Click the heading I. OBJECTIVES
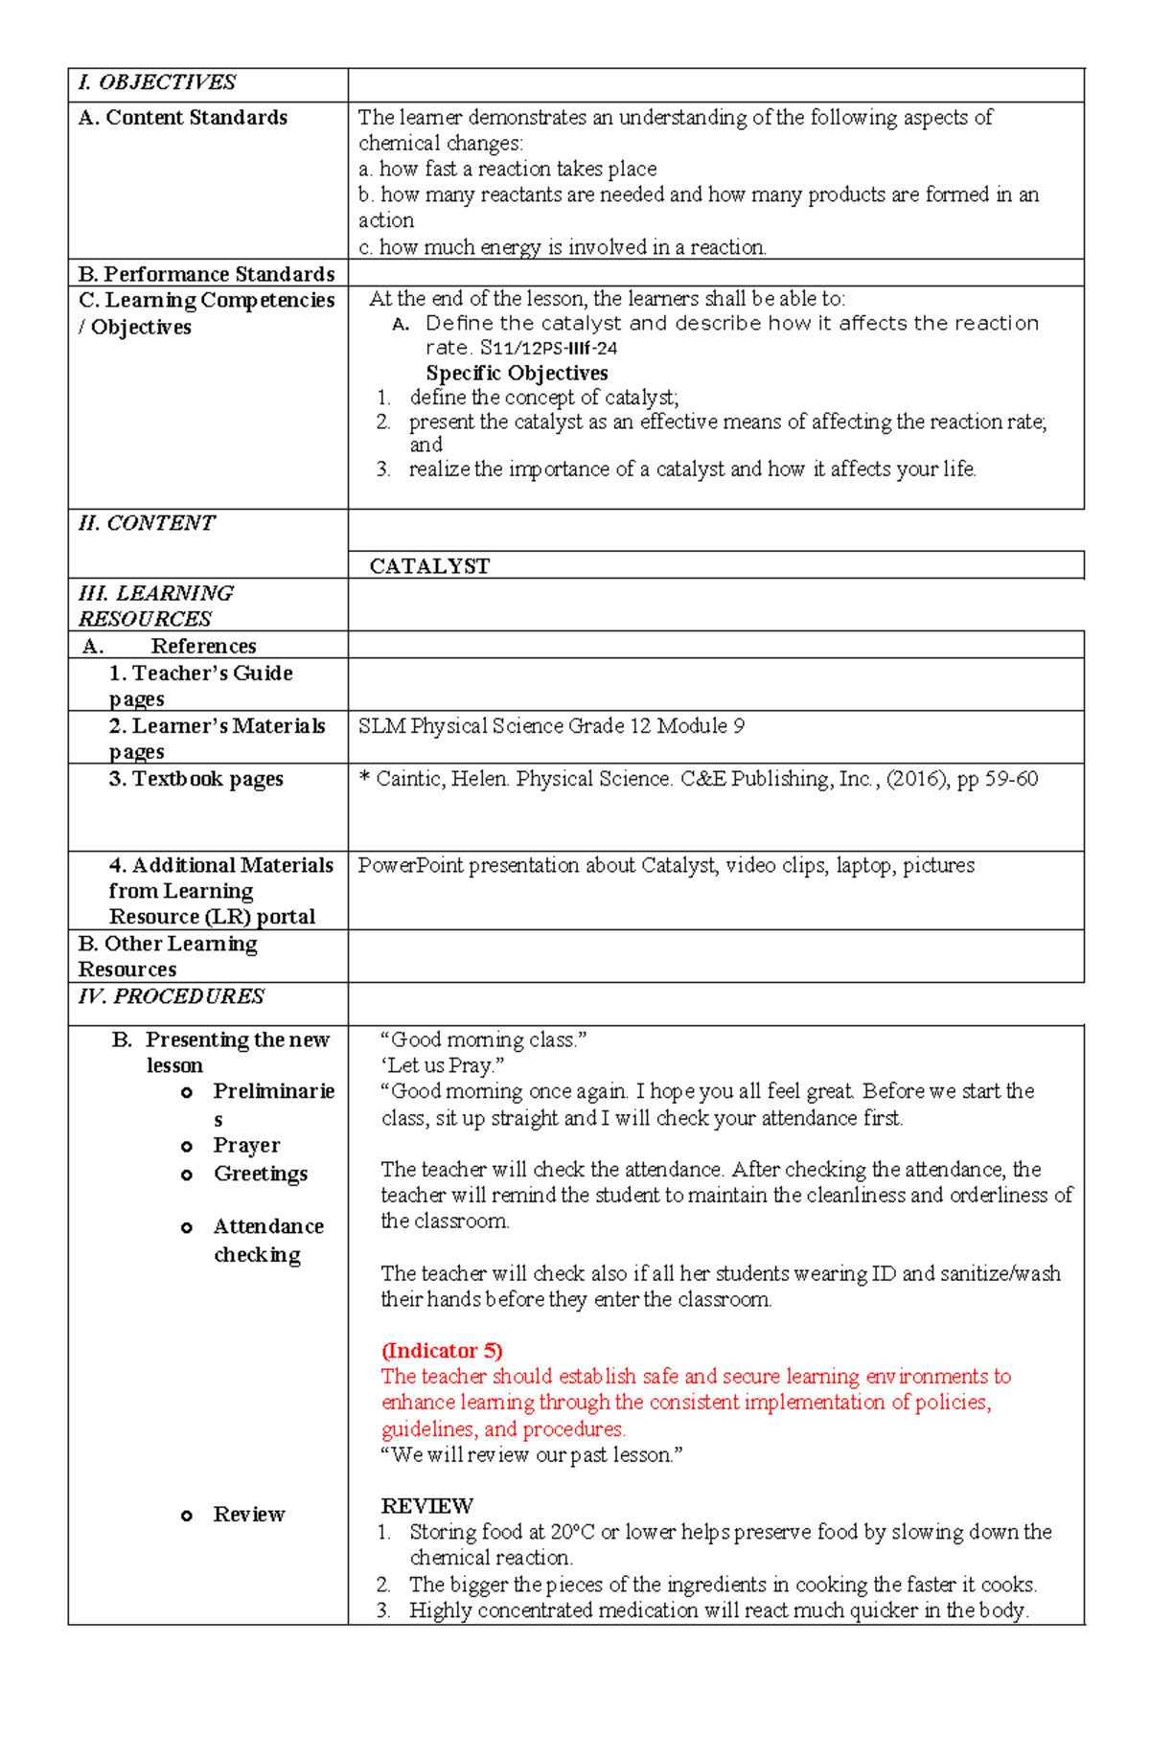point(157,82)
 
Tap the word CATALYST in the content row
point(429,566)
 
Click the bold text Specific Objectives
point(517,373)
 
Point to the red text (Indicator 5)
point(442,1351)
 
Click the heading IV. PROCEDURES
point(172,996)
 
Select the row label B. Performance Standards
point(206,274)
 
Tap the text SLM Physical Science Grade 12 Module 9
point(551,726)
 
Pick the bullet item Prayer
point(246,1146)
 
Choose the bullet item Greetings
point(260,1174)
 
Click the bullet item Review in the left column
point(248,1515)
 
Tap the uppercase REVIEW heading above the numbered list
point(426,1506)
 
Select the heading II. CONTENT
point(147,523)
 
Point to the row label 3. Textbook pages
point(195,779)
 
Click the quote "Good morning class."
point(483,1039)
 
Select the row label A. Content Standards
point(183,118)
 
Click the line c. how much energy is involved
point(562,247)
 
